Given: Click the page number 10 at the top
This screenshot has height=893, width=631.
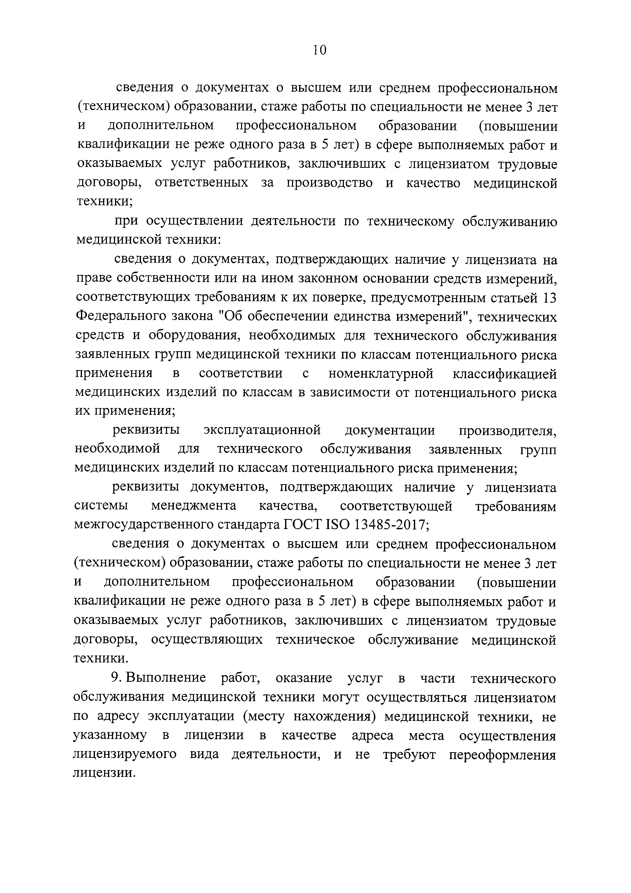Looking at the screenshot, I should click(319, 50).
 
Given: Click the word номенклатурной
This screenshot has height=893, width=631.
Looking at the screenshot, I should click(381, 374).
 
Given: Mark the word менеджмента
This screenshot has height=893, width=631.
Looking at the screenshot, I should click(193, 506).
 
